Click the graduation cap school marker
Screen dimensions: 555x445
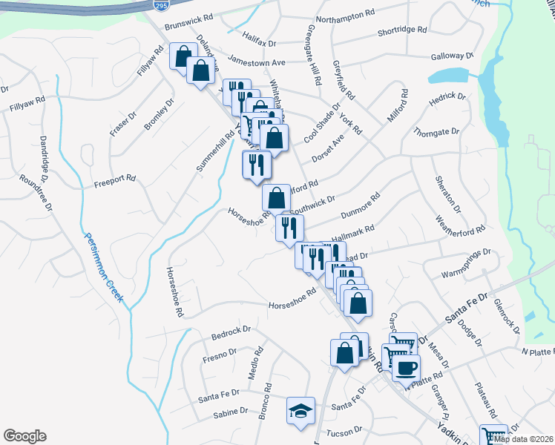(301, 412)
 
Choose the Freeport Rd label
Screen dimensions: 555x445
(114, 178)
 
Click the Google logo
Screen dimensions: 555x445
(24, 436)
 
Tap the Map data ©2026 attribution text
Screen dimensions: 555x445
(523, 439)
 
